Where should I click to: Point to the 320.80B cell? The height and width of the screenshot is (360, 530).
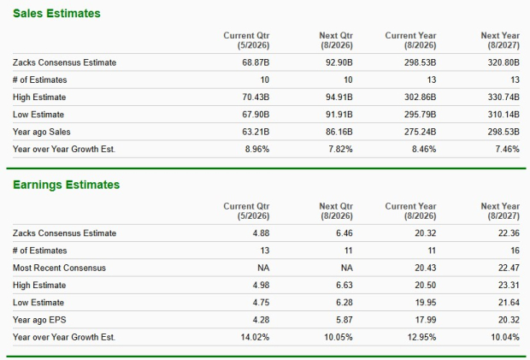501,62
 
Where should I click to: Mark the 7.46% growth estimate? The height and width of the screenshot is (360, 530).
504,149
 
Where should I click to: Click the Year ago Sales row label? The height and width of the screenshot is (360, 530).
42,132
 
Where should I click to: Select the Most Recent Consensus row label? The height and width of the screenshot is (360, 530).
60,268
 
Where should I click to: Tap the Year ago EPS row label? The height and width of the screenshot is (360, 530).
40,320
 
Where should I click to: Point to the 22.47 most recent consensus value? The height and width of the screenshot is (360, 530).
509,268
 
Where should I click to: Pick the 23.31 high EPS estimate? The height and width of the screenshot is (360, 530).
509,286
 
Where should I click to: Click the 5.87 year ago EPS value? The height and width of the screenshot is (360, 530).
345,320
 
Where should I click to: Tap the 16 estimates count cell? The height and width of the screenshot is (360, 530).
515,251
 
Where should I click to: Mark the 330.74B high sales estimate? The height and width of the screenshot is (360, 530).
501,97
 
